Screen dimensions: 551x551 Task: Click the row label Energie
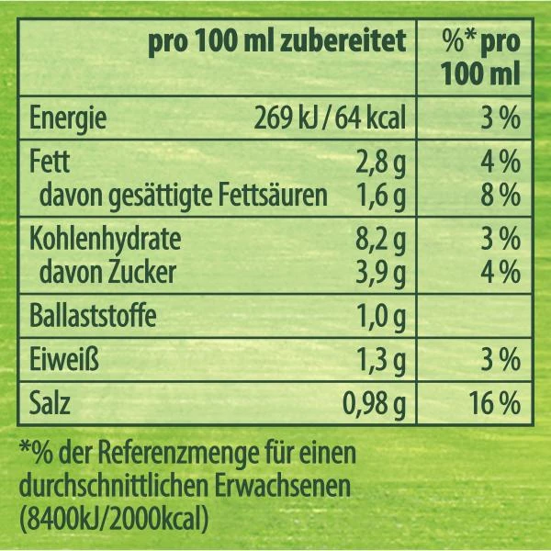coord(69,119)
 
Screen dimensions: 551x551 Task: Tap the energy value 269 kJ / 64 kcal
coord(329,119)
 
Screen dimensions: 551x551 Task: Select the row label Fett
coord(50,164)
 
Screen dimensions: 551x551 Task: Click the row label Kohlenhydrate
coord(106,242)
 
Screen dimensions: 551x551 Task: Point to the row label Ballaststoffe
coord(93,318)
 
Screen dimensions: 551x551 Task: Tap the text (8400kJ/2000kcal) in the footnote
coord(114,515)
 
